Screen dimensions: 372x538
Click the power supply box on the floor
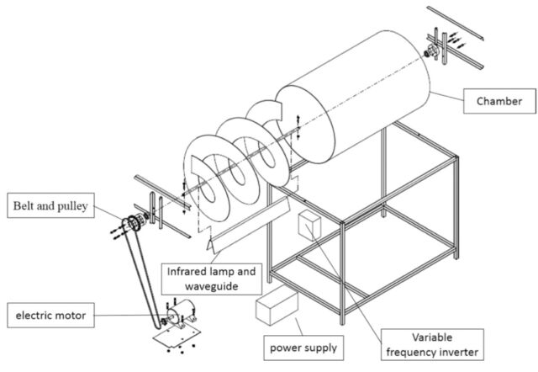(277, 307)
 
